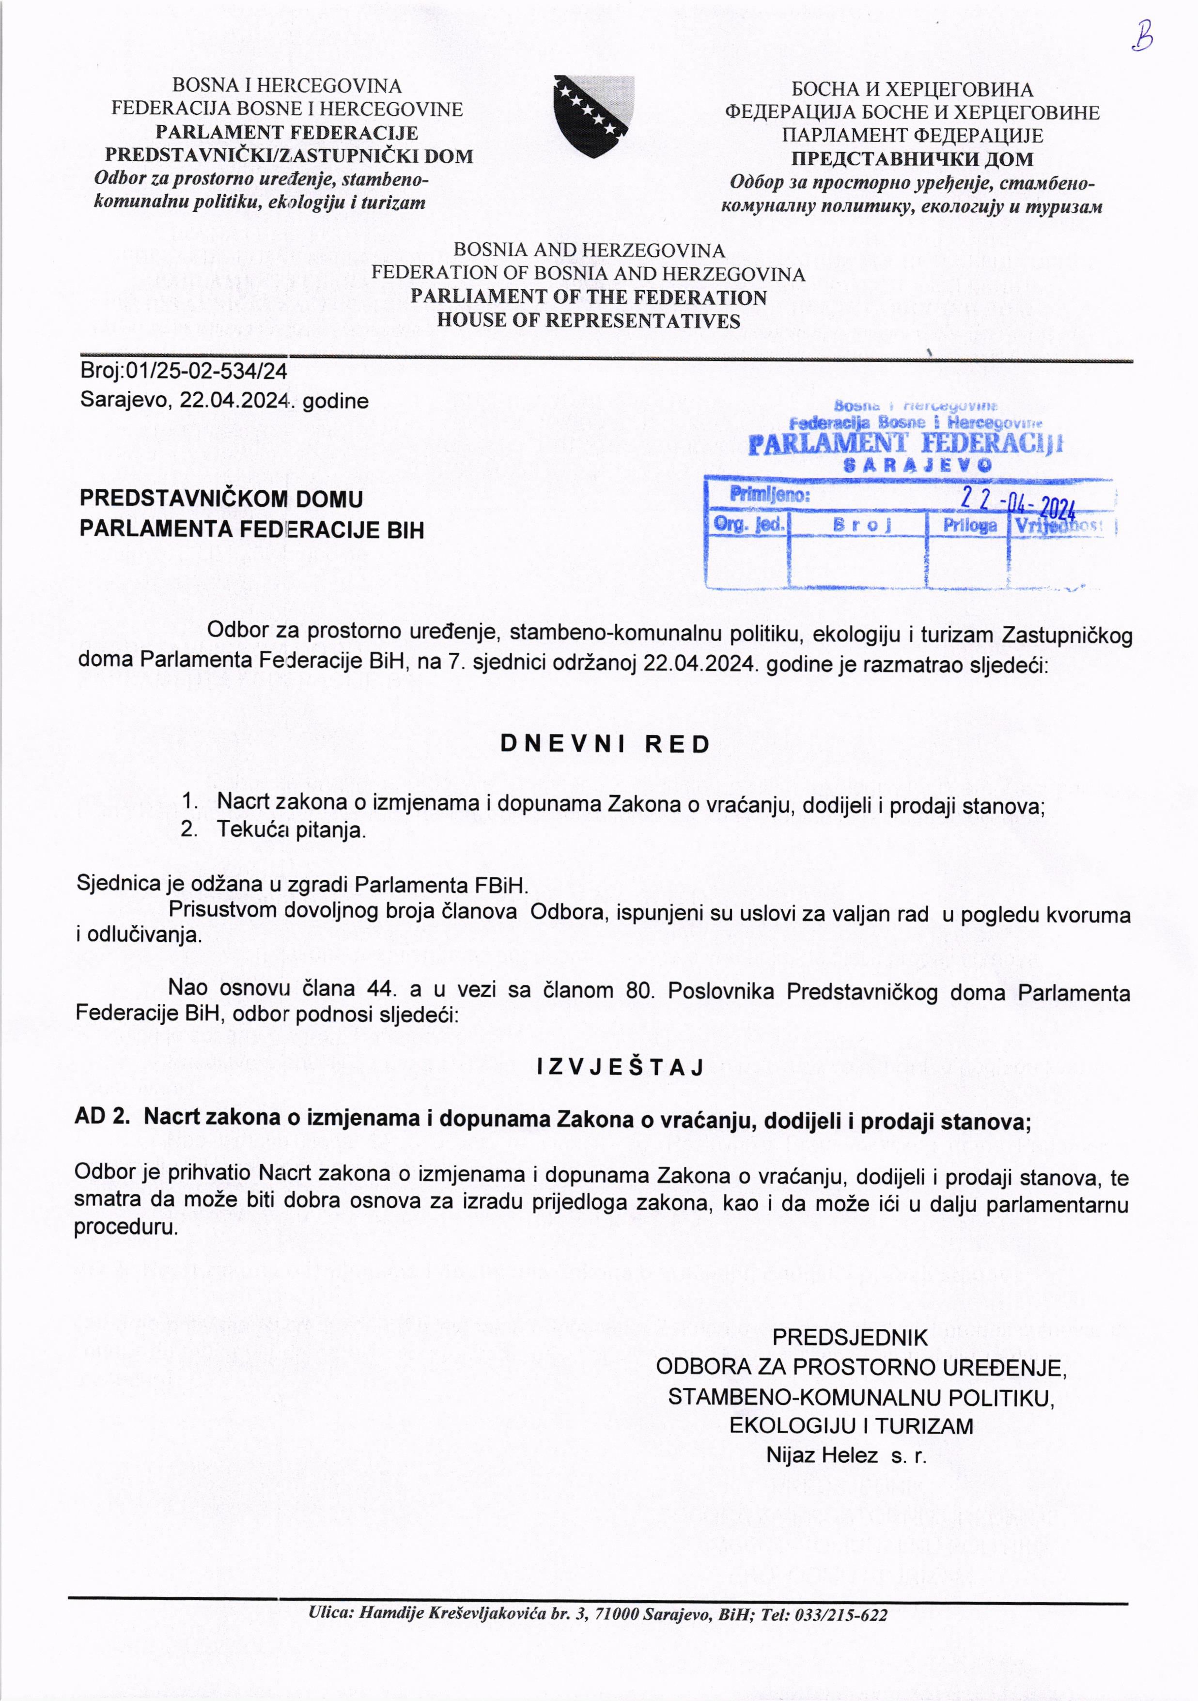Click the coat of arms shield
(593, 116)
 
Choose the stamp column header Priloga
(969, 525)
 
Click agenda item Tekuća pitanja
(291, 830)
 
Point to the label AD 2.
(102, 1117)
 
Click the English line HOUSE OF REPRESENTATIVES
(588, 321)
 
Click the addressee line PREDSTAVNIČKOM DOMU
(221, 499)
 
